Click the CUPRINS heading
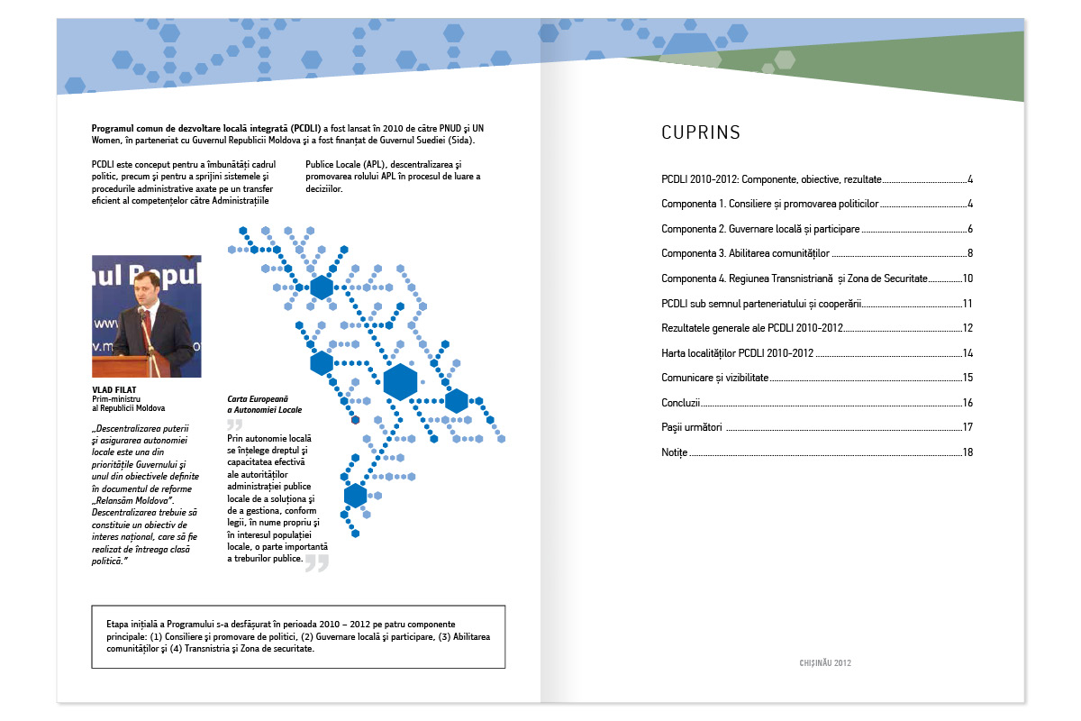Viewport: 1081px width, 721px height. pyautogui.click(x=701, y=133)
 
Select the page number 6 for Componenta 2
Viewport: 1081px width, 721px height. pyautogui.click(x=969, y=229)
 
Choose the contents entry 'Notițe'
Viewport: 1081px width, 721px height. pyautogui.click(x=674, y=452)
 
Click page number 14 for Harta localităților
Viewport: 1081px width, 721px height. pyautogui.click(x=967, y=353)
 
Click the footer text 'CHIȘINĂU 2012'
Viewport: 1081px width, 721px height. pyautogui.click(x=824, y=662)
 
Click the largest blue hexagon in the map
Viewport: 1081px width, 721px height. pyautogui.click(x=399, y=381)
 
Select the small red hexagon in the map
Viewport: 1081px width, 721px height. pyautogui.click(x=355, y=419)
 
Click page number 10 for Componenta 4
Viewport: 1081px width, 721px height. pyautogui.click(x=967, y=278)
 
